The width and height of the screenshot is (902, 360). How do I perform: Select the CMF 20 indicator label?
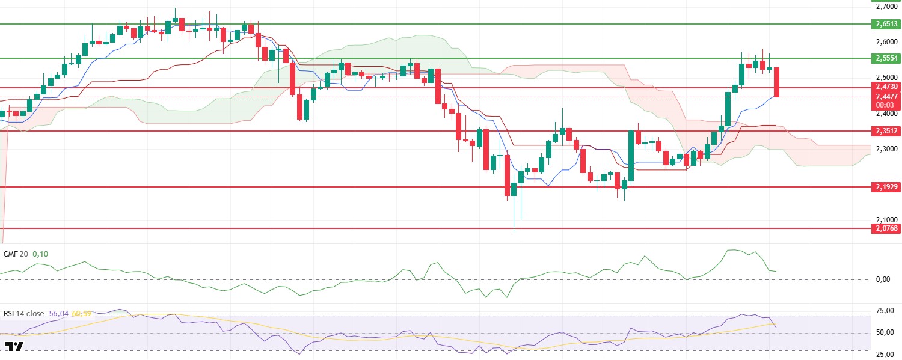coord(15,254)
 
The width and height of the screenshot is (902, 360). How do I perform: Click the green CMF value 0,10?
coord(40,254)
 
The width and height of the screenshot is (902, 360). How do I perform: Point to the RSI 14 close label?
coord(25,313)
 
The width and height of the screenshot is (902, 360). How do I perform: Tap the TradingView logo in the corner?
coord(14,347)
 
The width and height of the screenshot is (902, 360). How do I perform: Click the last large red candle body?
coord(776,82)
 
